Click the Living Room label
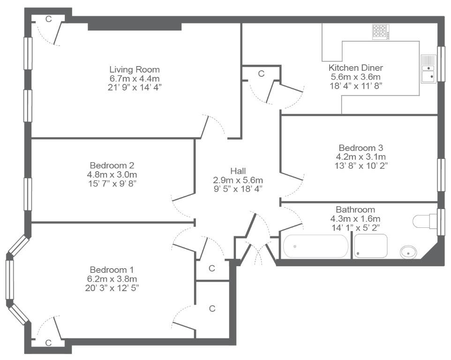click(x=135, y=69)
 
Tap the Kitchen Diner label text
click(x=355, y=68)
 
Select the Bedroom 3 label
click(x=361, y=148)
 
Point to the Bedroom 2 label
click(x=112, y=165)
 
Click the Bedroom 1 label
click(x=112, y=270)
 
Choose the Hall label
click(x=238, y=171)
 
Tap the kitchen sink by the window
click(x=428, y=69)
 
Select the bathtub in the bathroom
click(x=316, y=246)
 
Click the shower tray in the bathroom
click(x=370, y=246)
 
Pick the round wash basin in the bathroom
click(x=408, y=253)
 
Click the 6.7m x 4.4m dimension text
click(x=135, y=78)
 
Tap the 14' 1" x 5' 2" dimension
click(x=355, y=227)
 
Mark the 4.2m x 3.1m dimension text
click(x=361, y=157)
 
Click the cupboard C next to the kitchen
click(x=261, y=74)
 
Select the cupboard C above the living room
click(x=49, y=19)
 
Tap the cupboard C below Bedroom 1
click(x=48, y=343)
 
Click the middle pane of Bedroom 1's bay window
click(x=10, y=279)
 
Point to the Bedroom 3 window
click(x=441, y=175)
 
